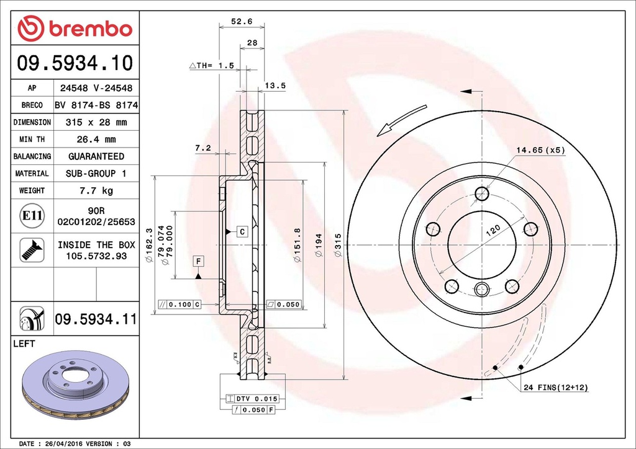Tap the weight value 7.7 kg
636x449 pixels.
pyautogui.click(x=96, y=190)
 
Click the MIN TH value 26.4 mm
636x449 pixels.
pyautogui.click(x=96, y=140)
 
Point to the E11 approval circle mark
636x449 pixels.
pyautogui.click(x=31, y=216)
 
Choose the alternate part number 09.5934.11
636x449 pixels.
pyautogui.click(x=95, y=319)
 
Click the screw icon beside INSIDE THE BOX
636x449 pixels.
pyautogui.click(x=31, y=249)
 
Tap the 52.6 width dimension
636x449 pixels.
pyautogui.click(x=242, y=21)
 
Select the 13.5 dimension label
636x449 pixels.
pyautogui.click(x=275, y=86)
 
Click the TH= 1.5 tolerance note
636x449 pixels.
pyautogui.click(x=212, y=66)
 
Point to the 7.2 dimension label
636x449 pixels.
pyautogui.click(x=203, y=148)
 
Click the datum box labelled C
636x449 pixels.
pyautogui.click(x=242, y=232)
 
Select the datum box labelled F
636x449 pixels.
pyautogui.click(x=198, y=260)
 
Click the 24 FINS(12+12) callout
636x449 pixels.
pyautogui.click(x=555, y=388)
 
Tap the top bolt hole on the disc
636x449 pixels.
pyautogui.click(x=482, y=193)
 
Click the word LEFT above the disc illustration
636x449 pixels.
pyautogui.click(x=24, y=344)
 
